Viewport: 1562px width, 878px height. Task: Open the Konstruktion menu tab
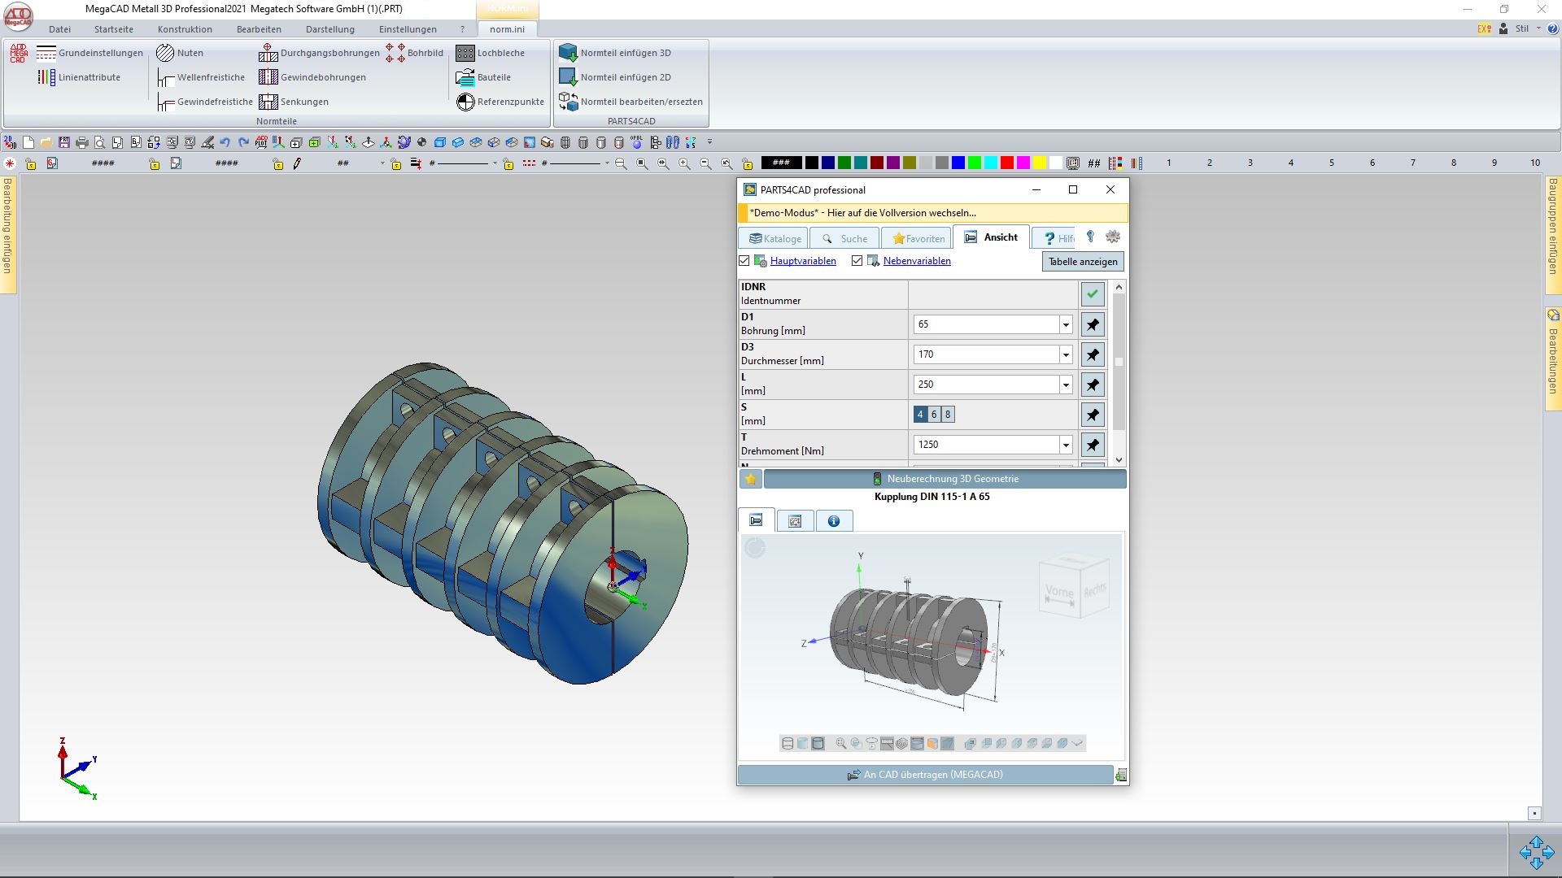tap(185, 29)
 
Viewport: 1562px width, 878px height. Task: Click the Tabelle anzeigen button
tap(1082, 262)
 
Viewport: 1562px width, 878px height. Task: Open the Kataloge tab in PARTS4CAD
tap(774, 238)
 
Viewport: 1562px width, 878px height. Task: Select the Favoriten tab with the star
tap(918, 238)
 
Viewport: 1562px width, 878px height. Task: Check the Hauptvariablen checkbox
tap(744, 261)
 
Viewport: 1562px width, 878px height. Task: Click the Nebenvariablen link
tap(916, 261)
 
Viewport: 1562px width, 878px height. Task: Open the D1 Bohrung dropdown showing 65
tap(1065, 324)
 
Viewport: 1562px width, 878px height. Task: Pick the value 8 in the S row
tap(947, 415)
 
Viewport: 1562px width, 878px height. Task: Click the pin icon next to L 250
tap(1093, 385)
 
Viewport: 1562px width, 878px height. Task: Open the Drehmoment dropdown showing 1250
tap(1065, 445)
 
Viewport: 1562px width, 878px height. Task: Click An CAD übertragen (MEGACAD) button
tap(925, 775)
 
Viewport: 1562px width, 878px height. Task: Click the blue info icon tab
tap(833, 521)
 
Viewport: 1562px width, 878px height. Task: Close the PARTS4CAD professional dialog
tap(1110, 189)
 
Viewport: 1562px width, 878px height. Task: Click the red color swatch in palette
tap(1006, 163)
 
